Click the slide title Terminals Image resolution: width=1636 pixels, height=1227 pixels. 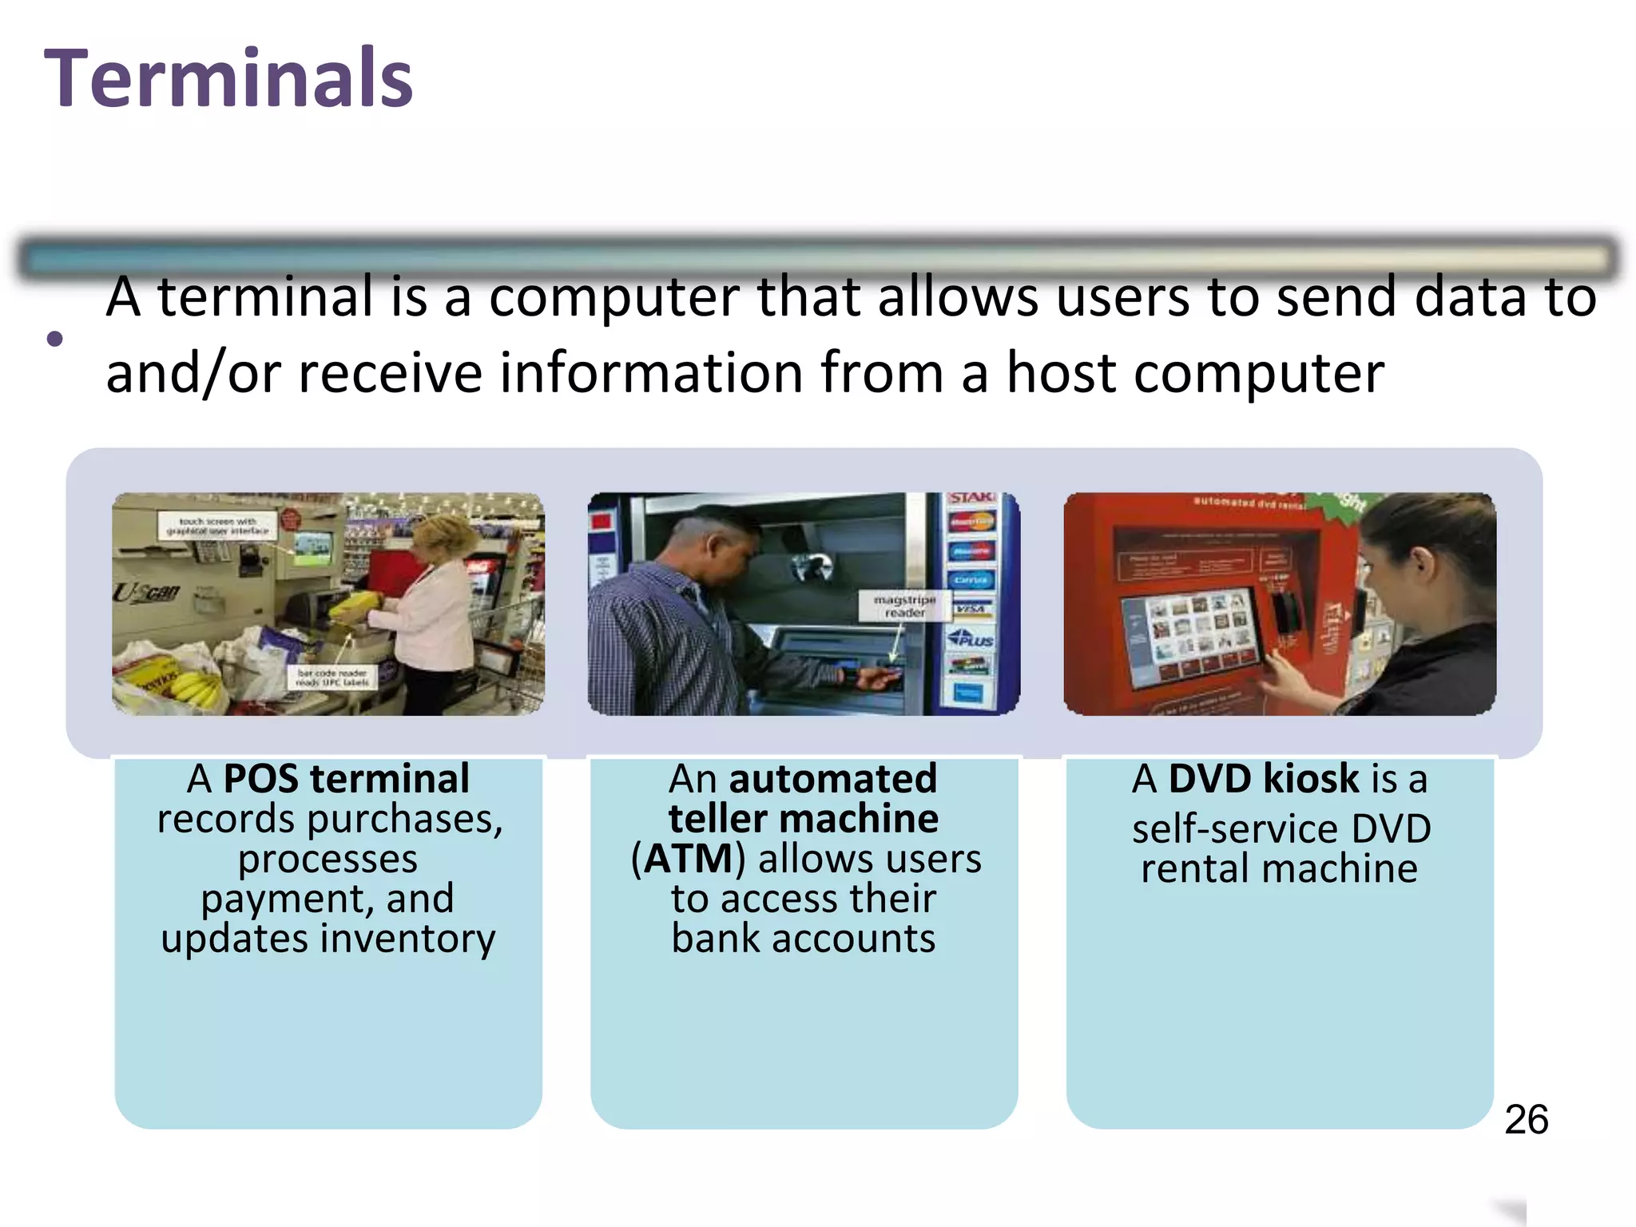tap(228, 78)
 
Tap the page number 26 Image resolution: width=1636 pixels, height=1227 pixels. tap(1526, 1119)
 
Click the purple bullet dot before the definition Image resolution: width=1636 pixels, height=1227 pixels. tap(54, 339)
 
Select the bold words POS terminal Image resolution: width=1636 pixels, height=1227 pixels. tap(346, 778)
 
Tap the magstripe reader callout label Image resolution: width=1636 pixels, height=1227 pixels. tap(904, 606)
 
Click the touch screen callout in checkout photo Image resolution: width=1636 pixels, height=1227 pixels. tap(217, 526)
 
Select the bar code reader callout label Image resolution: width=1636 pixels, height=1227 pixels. tap(332, 677)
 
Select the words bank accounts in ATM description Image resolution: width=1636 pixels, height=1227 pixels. tap(803, 939)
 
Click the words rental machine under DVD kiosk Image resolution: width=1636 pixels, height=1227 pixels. tap(1279, 868)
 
